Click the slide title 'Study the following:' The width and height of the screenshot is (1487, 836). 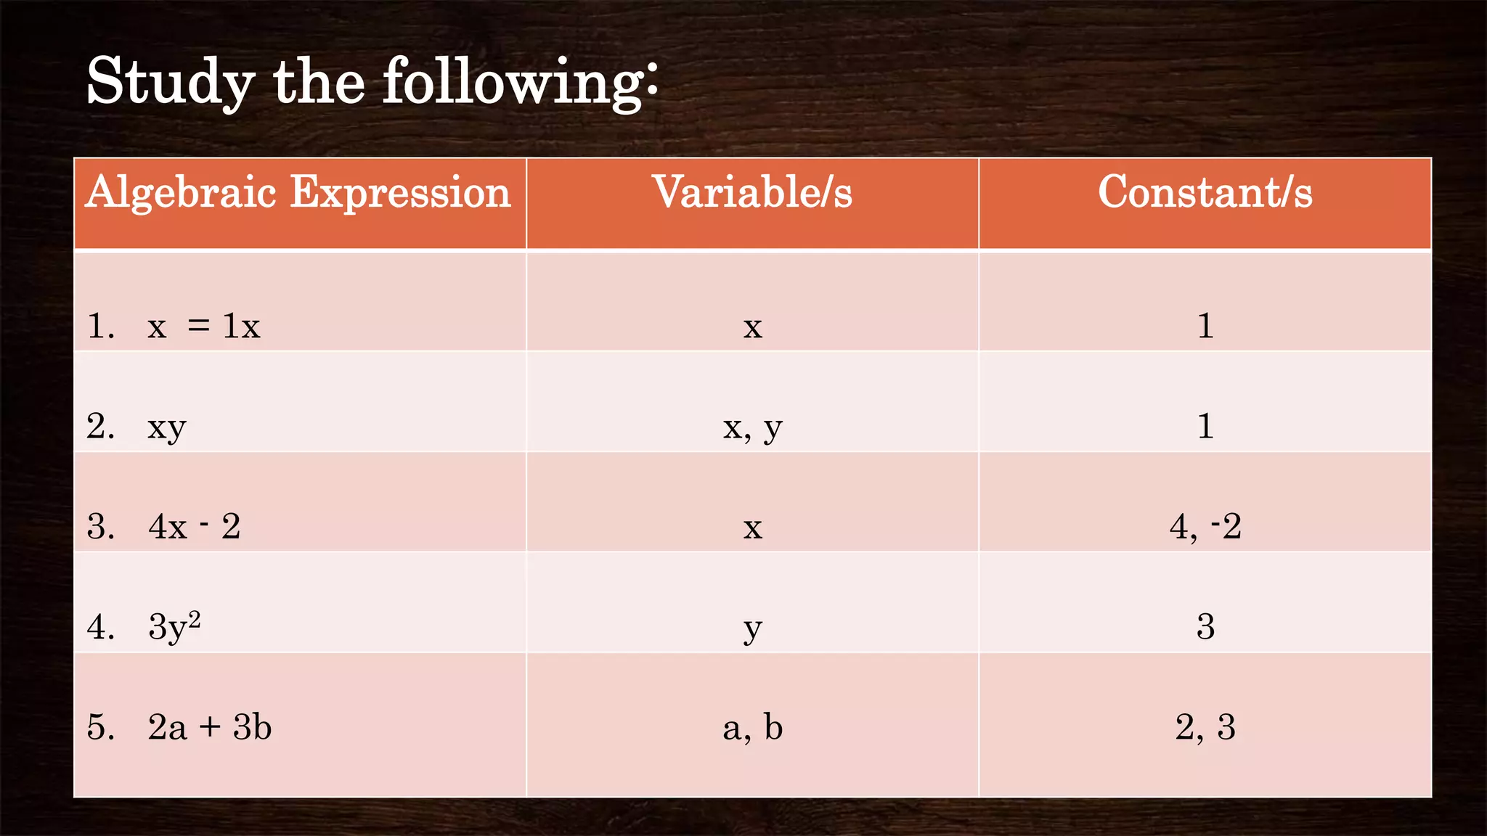pos(372,81)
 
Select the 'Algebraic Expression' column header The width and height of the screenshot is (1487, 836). pos(298,193)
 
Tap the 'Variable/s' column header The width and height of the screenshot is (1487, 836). pos(752,193)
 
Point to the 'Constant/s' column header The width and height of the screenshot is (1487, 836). pos(1205,193)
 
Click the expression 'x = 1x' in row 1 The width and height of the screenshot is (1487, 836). pos(203,327)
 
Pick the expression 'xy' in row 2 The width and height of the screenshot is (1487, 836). pos(167,427)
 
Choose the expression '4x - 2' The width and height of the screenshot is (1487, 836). pos(194,527)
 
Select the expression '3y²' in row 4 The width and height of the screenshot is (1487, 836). pos(174,626)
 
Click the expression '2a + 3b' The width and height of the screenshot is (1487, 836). pos(209,727)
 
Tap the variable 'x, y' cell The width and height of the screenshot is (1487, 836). pos(752,427)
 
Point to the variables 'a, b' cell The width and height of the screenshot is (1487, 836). pos(752,727)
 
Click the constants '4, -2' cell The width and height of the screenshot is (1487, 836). pos(1205,527)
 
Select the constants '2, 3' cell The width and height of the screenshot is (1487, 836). pos(1205,727)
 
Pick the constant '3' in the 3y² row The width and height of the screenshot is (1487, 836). pos(1205,626)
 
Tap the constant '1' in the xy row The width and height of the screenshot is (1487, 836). pos(1205,426)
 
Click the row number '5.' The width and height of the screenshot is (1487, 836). pos(100,727)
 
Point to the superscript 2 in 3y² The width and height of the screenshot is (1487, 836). pos(194,618)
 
